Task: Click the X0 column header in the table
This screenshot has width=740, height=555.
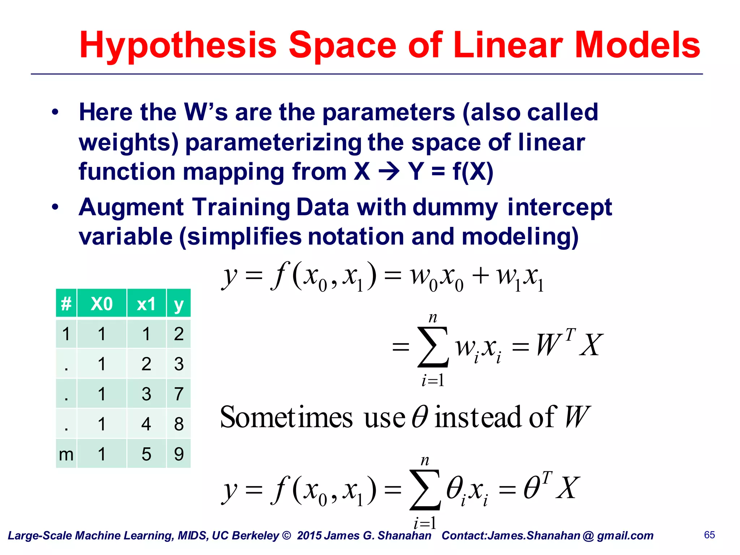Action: (102, 304)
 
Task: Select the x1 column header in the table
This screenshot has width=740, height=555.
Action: (146, 304)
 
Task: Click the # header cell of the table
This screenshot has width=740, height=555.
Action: (66, 304)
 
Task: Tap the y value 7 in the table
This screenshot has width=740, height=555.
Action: (178, 393)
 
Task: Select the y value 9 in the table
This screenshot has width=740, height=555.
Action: (178, 454)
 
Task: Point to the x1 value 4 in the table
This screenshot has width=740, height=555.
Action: (146, 424)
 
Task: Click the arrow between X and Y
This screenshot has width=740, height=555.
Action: (389, 172)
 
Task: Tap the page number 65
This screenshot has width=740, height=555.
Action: (709, 535)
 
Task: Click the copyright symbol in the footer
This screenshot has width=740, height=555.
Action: (286, 535)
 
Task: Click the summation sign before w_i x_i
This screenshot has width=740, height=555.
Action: (433, 347)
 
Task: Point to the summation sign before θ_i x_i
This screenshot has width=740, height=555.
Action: (425, 490)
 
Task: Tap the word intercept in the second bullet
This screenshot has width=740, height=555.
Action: (559, 208)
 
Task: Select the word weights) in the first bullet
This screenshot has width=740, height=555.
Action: (129, 143)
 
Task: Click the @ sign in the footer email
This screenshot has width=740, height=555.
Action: (588, 535)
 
